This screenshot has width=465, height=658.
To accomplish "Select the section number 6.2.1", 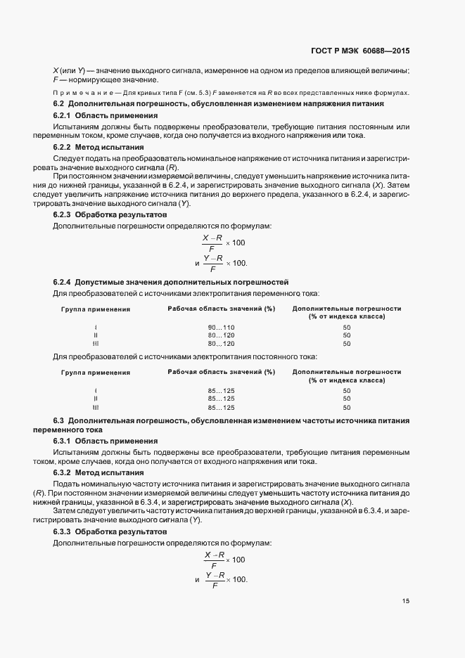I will click(x=63, y=115).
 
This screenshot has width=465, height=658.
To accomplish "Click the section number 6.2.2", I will click(x=63, y=148).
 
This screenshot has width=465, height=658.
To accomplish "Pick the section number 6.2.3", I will click(x=63, y=214).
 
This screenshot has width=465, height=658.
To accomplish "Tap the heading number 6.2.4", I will click(x=63, y=280).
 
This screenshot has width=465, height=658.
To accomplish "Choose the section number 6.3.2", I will click(x=63, y=473).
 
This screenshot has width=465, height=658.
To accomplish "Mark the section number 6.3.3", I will click(x=63, y=531).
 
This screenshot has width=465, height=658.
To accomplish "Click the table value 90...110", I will click(x=221, y=328).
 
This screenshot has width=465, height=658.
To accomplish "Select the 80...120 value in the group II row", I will click(x=221, y=335).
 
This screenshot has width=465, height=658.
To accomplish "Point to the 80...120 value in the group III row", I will click(x=221, y=344).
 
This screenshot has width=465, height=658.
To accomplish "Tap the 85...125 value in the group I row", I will click(x=221, y=390).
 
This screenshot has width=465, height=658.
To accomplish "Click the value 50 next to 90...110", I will click(x=347, y=328).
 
